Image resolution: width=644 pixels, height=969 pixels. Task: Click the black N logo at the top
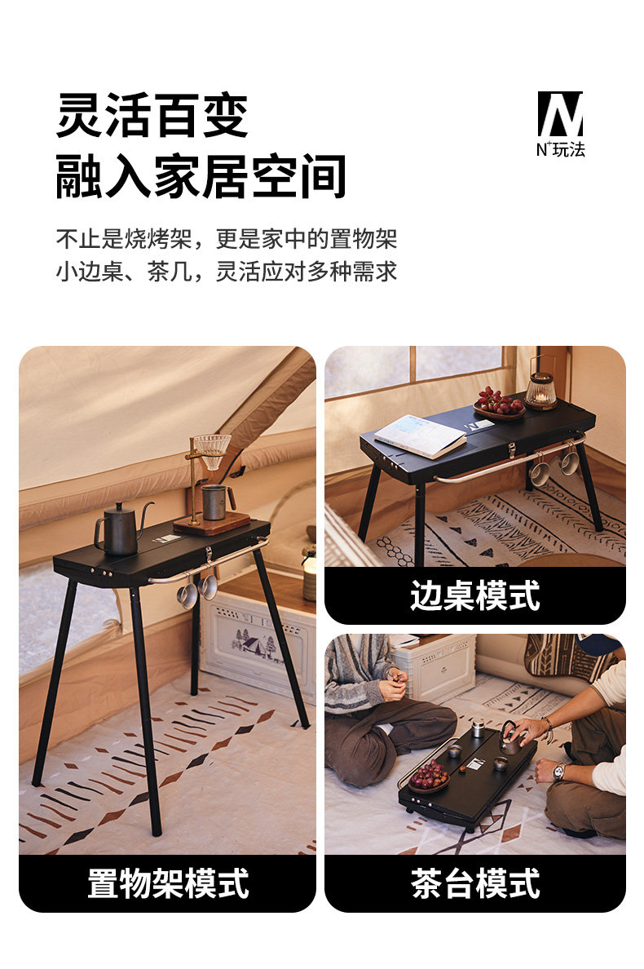[x=560, y=113]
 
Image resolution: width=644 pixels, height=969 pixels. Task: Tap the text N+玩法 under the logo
[x=560, y=149]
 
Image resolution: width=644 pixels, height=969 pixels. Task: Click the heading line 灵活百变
[x=152, y=116]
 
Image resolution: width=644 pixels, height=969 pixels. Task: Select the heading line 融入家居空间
[x=201, y=177]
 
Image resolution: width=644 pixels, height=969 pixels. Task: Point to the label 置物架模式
[x=168, y=883]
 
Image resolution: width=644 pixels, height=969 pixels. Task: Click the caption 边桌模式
[x=474, y=595]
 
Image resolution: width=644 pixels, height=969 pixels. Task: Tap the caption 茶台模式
[x=474, y=883]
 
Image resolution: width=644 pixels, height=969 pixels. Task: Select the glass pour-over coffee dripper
[x=213, y=450]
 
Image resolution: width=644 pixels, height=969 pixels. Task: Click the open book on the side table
[x=420, y=436]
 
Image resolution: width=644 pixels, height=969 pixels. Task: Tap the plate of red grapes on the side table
[x=499, y=403]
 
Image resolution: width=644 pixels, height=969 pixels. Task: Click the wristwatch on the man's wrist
[x=558, y=772]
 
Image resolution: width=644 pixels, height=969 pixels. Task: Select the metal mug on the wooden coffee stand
[x=216, y=502]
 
